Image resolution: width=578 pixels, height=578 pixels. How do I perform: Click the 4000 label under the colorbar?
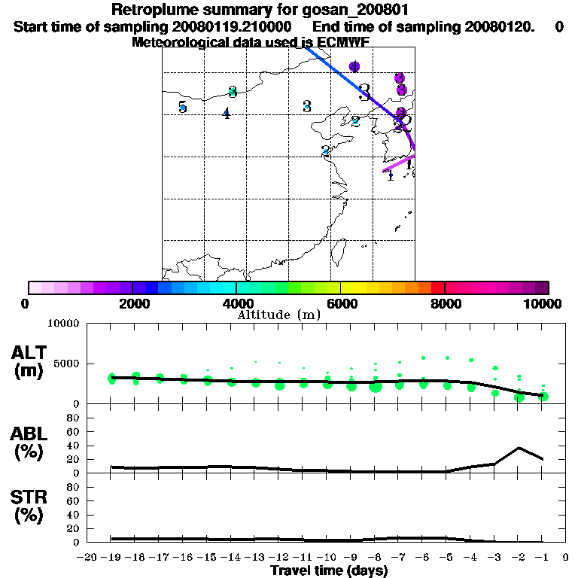pyautogui.click(x=236, y=303)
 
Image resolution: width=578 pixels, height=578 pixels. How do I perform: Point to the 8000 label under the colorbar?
pyautogui.click(x=445, y=303)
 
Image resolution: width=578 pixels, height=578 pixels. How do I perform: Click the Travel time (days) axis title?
pyautogui.click(x=329, y=570)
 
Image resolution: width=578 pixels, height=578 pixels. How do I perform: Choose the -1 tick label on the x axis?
pyautogui.click(x=542, y=558)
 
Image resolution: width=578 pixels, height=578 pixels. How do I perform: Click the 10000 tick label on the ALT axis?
pyautogui.click(x=64, y=324)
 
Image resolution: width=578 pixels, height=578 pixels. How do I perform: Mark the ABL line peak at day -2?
pyautogui.click(x=519, y=448)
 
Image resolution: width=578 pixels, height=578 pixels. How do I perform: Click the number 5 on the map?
pyautogui.click(x=182, y=107)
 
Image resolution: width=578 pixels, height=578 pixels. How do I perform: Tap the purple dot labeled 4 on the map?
pyautogui.click(x=354, y=67)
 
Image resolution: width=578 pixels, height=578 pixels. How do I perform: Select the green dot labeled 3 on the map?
pyautogui.click(x=233, y=92)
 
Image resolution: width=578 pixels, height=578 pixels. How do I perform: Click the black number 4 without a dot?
pyautogui.click(x=226, y=114)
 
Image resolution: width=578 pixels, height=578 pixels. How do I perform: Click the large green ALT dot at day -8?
pyautogui.click(x=376, y=387)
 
